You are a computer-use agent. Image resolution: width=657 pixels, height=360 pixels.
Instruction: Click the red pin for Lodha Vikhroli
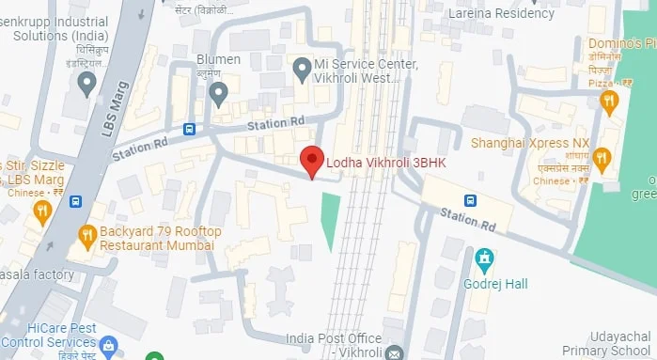311,162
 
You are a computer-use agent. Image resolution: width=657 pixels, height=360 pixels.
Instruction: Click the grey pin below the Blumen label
218,93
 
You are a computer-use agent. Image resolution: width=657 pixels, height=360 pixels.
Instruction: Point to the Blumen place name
218,59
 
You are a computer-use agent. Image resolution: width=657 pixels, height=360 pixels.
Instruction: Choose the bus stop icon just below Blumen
190,130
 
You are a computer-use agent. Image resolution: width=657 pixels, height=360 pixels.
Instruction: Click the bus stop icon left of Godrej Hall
470,200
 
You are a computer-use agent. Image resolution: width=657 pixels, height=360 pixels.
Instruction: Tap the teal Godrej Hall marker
485,257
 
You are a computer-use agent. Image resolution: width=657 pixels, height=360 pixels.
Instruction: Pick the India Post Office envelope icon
394,352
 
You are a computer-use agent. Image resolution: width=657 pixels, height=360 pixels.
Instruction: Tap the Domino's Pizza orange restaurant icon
609,101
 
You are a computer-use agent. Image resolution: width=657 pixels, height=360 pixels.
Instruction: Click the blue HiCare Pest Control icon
108,346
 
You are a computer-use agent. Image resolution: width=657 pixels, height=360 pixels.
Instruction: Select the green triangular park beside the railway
329,219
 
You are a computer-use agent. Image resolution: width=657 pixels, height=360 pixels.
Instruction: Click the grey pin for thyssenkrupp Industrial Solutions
86,83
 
